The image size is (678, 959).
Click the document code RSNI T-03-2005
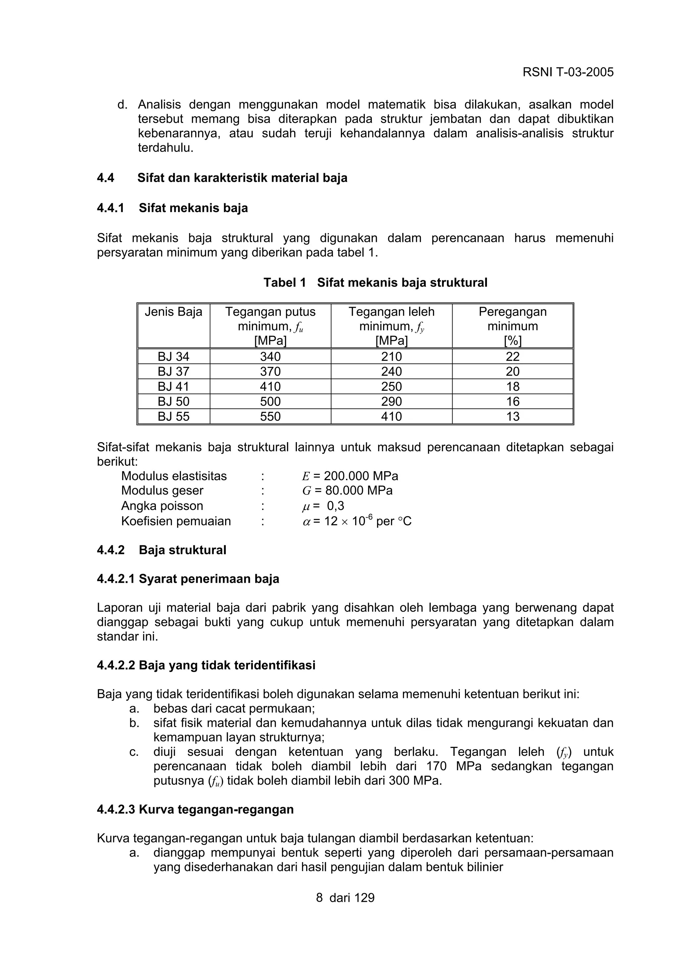[x=568, y=72]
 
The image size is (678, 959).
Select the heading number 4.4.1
[x=110, y=208]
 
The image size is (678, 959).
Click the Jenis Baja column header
[x=173, y=312]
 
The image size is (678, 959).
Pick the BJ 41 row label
[x=173, y=387]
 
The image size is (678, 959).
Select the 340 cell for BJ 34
[x=270, y=357]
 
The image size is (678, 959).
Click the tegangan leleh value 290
[x=391, y=401]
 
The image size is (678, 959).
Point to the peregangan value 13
[x=512, y=416]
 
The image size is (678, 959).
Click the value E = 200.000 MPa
[x=350, y=476]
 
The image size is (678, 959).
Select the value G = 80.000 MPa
[x=347, y=490]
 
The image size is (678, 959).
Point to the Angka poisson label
[x=162, y=506]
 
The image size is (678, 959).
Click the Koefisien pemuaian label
[x=176, y=521]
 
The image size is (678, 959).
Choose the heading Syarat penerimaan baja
[x=209, y=579]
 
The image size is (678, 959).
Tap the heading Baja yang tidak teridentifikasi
[x=227, y=665]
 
